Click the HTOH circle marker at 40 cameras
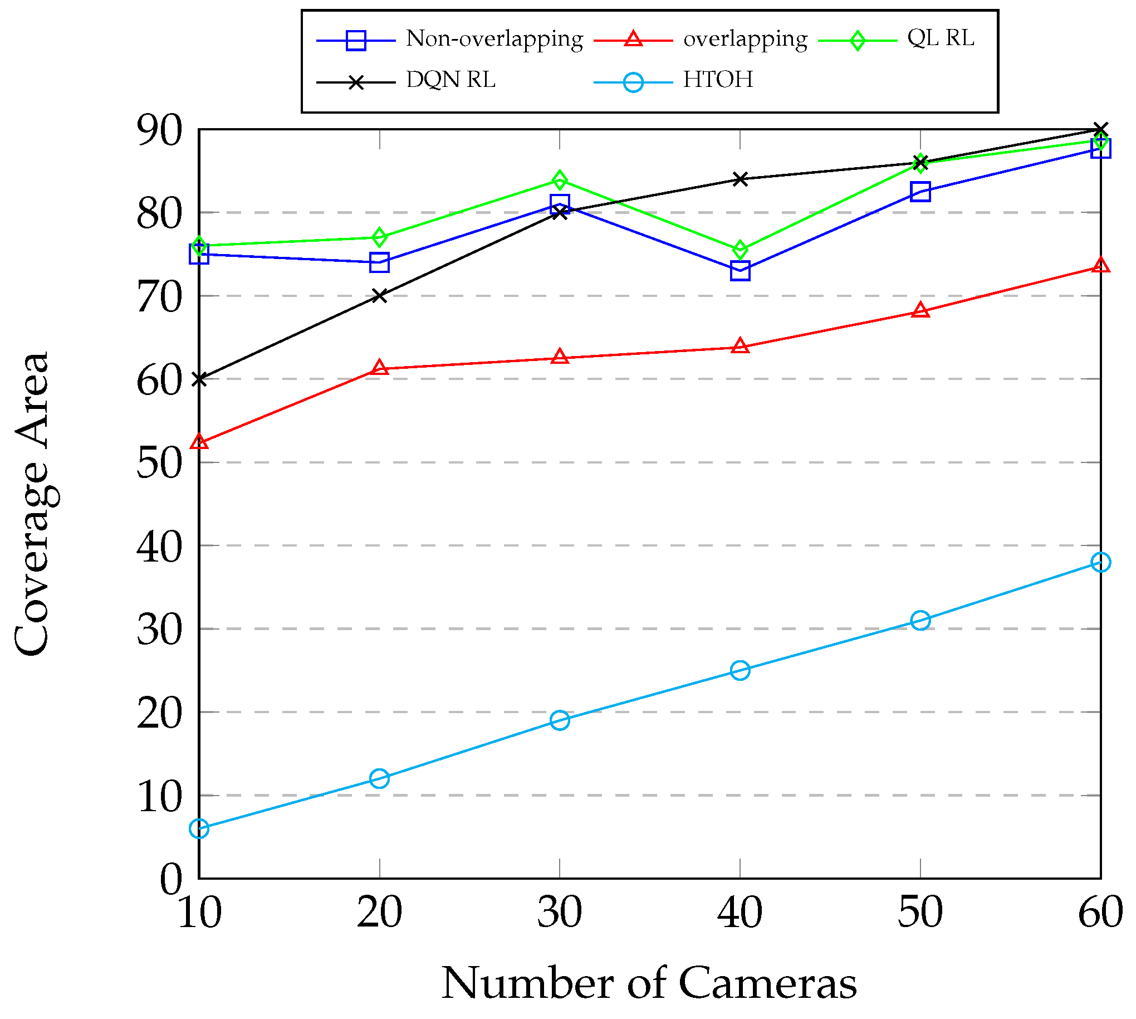[740, 670]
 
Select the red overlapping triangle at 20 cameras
[379, 368]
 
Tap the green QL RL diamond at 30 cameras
[560, 181]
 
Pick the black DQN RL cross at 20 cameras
[379, 296]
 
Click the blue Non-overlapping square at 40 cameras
[740, 271]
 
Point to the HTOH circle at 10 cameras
[199, 828]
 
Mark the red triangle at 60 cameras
[1100, 265]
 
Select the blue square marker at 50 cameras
[920, 192]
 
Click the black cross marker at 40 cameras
[740, 179]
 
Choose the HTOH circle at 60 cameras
[1100, 562]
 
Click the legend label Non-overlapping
[494, 39]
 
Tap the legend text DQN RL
[451, 80]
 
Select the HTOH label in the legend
[717, 80]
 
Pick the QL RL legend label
[940, 38]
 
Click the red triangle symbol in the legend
[633, 39]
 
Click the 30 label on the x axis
[560, 913]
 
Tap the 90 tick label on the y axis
[159, 131]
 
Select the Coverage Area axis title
[32, 504]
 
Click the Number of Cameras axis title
[649, 984]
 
